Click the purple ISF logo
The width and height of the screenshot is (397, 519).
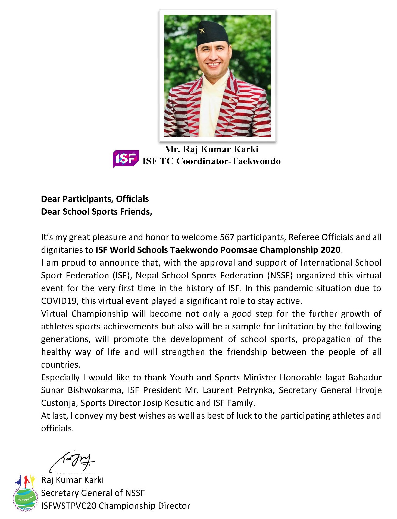click(x=126, y=158)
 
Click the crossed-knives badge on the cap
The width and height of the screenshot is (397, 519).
click(x=202, y=30)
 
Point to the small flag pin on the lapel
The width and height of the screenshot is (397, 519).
click(x=231, y=99)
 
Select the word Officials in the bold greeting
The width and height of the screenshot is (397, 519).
click(x=132, y=199)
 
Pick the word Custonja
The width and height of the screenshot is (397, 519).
click(x=58, y=403)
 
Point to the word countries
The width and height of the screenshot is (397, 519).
click(x=61, y=365)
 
